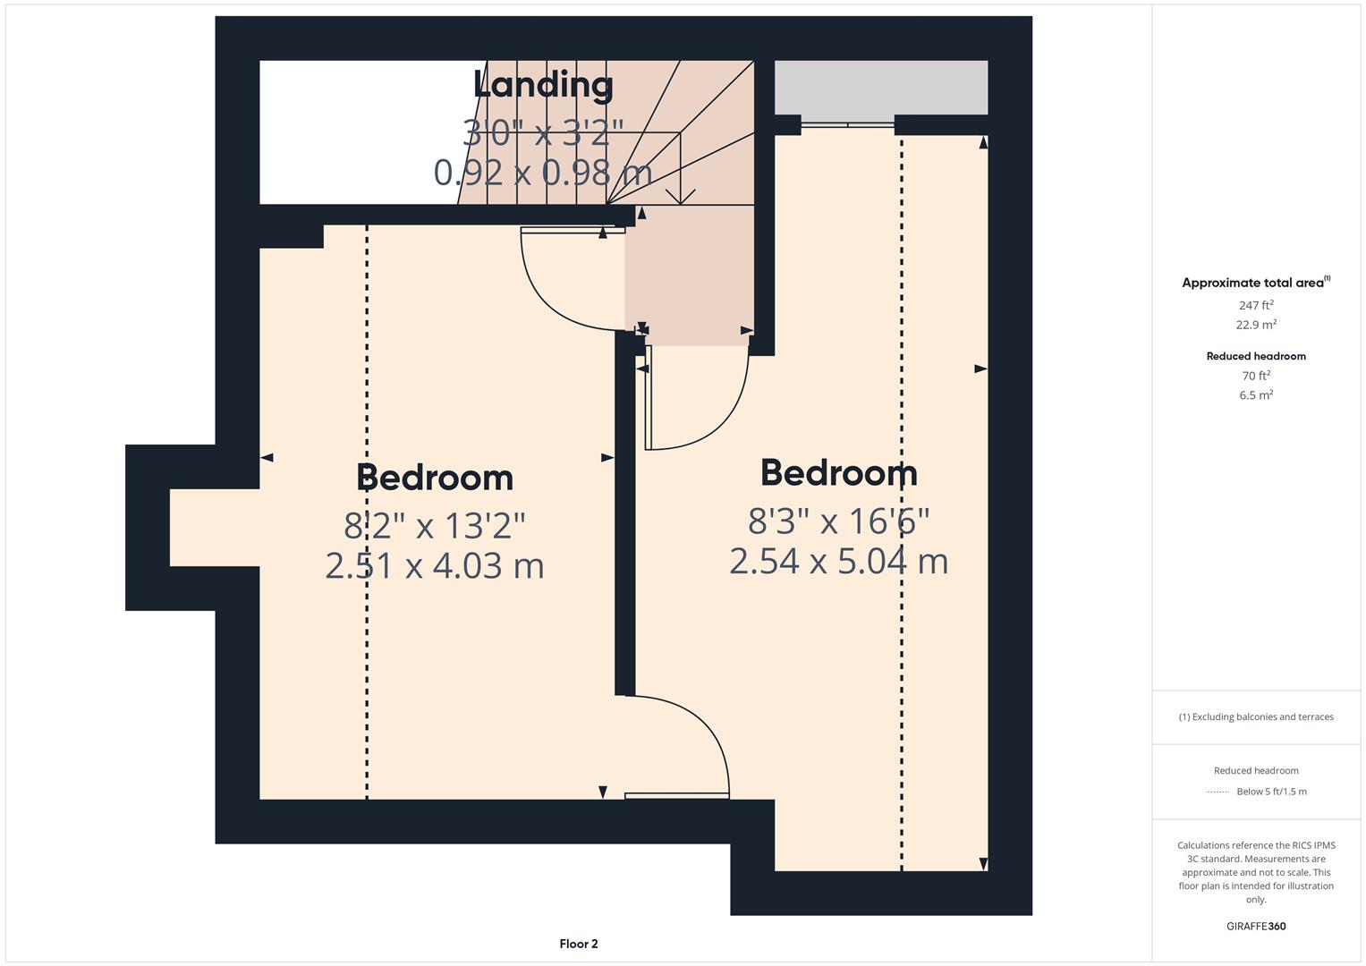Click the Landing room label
tap(543, 85)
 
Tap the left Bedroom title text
tap(435, 478)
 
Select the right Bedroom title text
tap(838, 473)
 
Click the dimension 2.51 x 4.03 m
tap(435, 566)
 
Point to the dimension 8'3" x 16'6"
tap(838, 520)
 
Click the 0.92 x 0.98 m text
tap(543, 172)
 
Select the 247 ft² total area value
tap(1256, 305)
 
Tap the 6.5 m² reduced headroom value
tap(1256, 395)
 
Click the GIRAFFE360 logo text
tap(1256, 926)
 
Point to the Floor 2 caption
tap(579, 944)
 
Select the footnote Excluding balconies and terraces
tap(1256, 716)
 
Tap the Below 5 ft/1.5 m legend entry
tap(1270, 792)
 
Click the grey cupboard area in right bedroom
tap(880, 87)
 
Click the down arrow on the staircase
tap(681, 194)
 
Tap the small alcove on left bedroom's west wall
tap(213, 528)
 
